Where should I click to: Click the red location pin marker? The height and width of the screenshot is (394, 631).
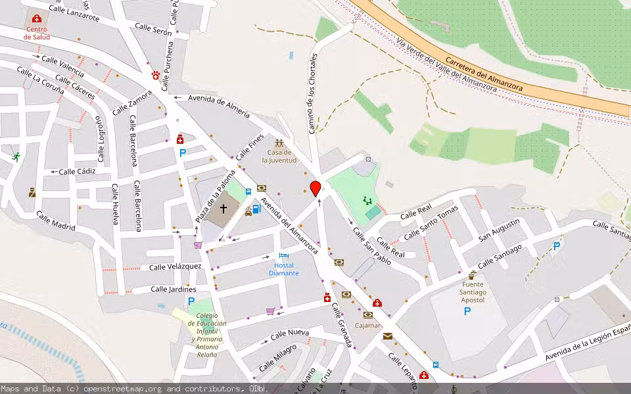315,188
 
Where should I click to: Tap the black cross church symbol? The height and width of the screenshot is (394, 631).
223,209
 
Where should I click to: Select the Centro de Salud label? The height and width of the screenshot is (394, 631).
36,33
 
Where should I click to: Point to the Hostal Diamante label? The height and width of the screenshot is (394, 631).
284,269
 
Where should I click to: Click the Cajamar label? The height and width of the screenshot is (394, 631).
367,325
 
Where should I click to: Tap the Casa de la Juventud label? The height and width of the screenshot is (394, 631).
279,156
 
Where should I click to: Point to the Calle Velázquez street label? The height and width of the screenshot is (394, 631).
175,267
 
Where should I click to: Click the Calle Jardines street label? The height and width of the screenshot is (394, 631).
174,289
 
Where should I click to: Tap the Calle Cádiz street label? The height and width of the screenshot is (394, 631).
78,171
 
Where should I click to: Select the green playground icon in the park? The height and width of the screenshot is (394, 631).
367,200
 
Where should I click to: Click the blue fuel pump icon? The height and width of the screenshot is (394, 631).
256,209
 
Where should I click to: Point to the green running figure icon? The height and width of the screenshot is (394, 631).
16,156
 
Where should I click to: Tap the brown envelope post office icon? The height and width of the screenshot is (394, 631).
387,336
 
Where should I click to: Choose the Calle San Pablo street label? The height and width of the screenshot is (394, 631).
372,246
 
